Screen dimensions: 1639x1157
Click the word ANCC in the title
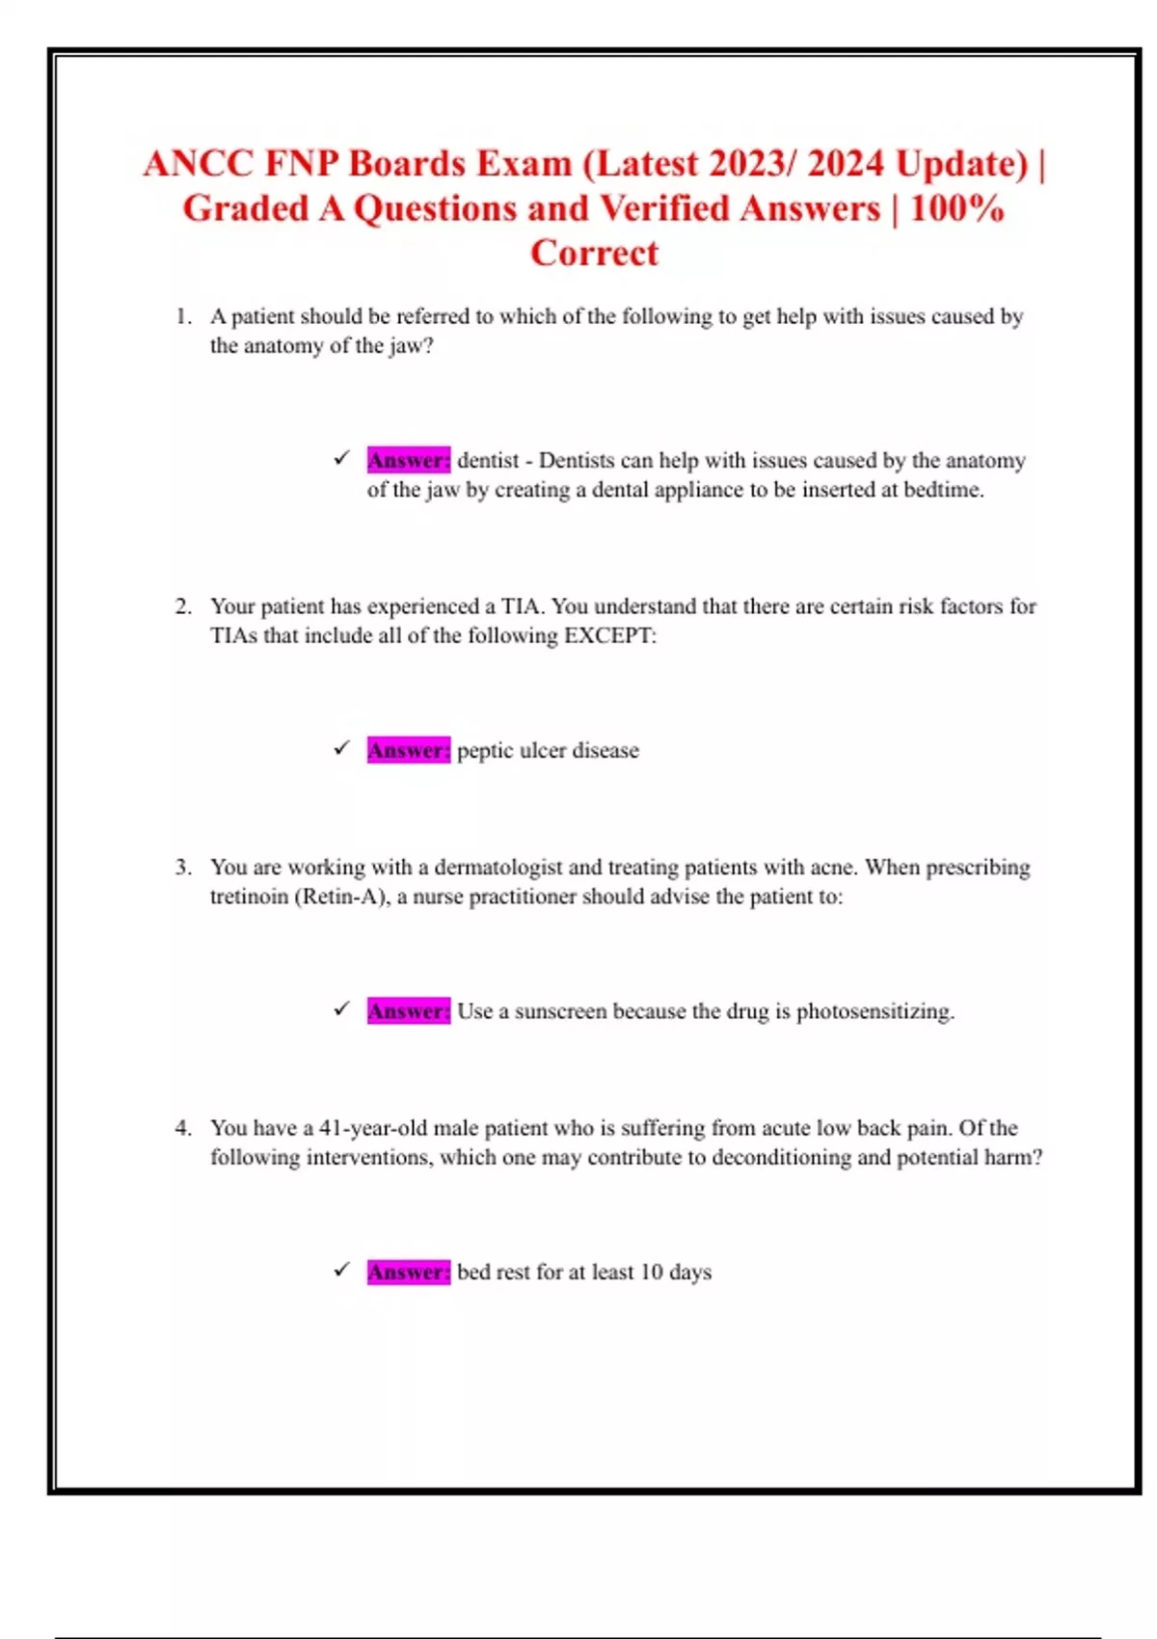point(198,164)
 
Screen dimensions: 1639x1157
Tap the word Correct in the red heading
point(594,253)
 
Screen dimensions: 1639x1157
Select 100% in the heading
point(956,208)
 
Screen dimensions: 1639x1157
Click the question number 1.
point(183,316)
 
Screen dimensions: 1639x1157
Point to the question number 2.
point(183,606)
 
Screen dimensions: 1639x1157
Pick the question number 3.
point(183,867)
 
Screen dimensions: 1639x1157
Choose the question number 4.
point(183,1128)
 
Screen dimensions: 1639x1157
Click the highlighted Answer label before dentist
point(408,460)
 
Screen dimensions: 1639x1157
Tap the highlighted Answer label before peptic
point(408,750)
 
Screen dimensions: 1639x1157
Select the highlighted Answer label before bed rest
point(408,1272)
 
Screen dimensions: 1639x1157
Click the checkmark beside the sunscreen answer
point(341,1009)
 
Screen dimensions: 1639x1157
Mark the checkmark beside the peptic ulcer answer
point(341,748)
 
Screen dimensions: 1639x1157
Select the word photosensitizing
point(874,1011)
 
